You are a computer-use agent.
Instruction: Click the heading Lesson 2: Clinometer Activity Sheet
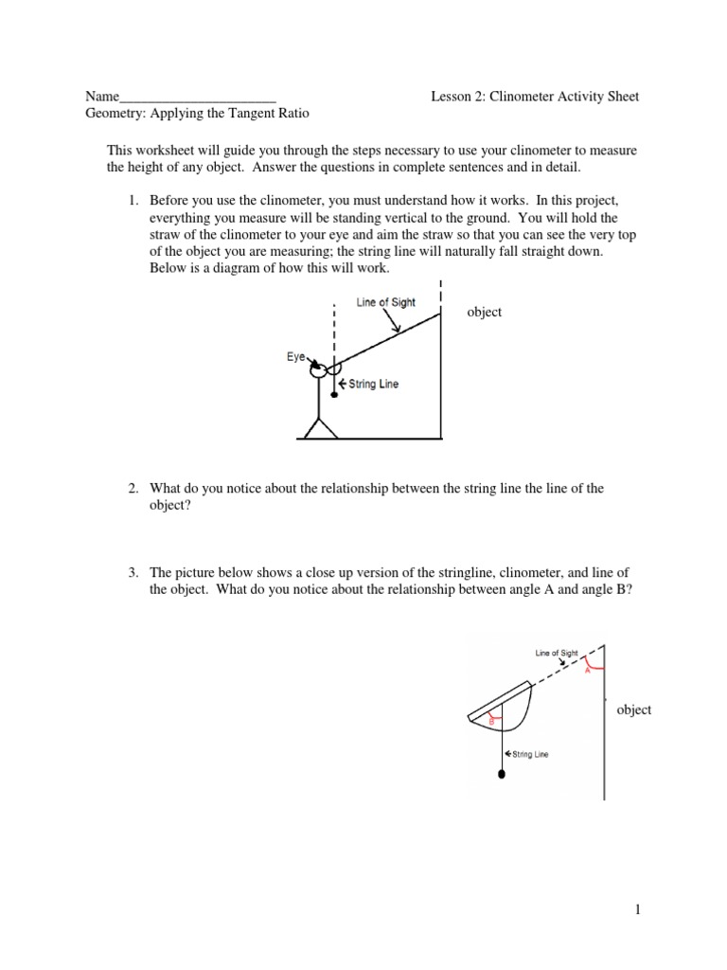(x=535, y=97)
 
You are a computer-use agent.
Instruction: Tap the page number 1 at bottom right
(x=639, y=910)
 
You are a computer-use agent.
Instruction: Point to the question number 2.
(x=133, y=489)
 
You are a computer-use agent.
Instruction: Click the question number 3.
(x=133, y=573)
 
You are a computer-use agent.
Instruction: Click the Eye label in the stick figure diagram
(x=295, y=357)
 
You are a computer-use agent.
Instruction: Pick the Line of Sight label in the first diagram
(x=385, y=302)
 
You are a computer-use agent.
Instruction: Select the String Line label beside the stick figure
(x=373, y=385)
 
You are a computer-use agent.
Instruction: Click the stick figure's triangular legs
(x=319, y=427)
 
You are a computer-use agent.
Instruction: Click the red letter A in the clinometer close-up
(x=588, y=669)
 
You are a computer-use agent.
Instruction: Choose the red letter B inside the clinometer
(x=491, y=722)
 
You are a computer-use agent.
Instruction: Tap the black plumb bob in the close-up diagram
(x=501, y=774)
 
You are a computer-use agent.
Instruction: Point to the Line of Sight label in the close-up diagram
(x=556, y=653)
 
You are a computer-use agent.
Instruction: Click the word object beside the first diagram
(x=485, y=312)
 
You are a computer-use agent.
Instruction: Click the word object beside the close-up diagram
(x=633, y=710)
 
